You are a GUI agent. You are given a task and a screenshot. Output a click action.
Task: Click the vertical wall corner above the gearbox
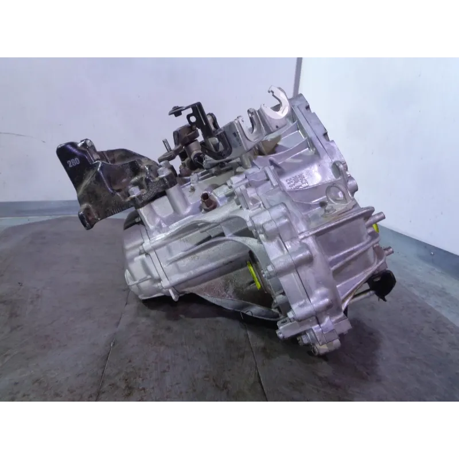click(299, 75)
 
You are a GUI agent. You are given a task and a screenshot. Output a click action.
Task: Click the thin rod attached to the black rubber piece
click(361, 295)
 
